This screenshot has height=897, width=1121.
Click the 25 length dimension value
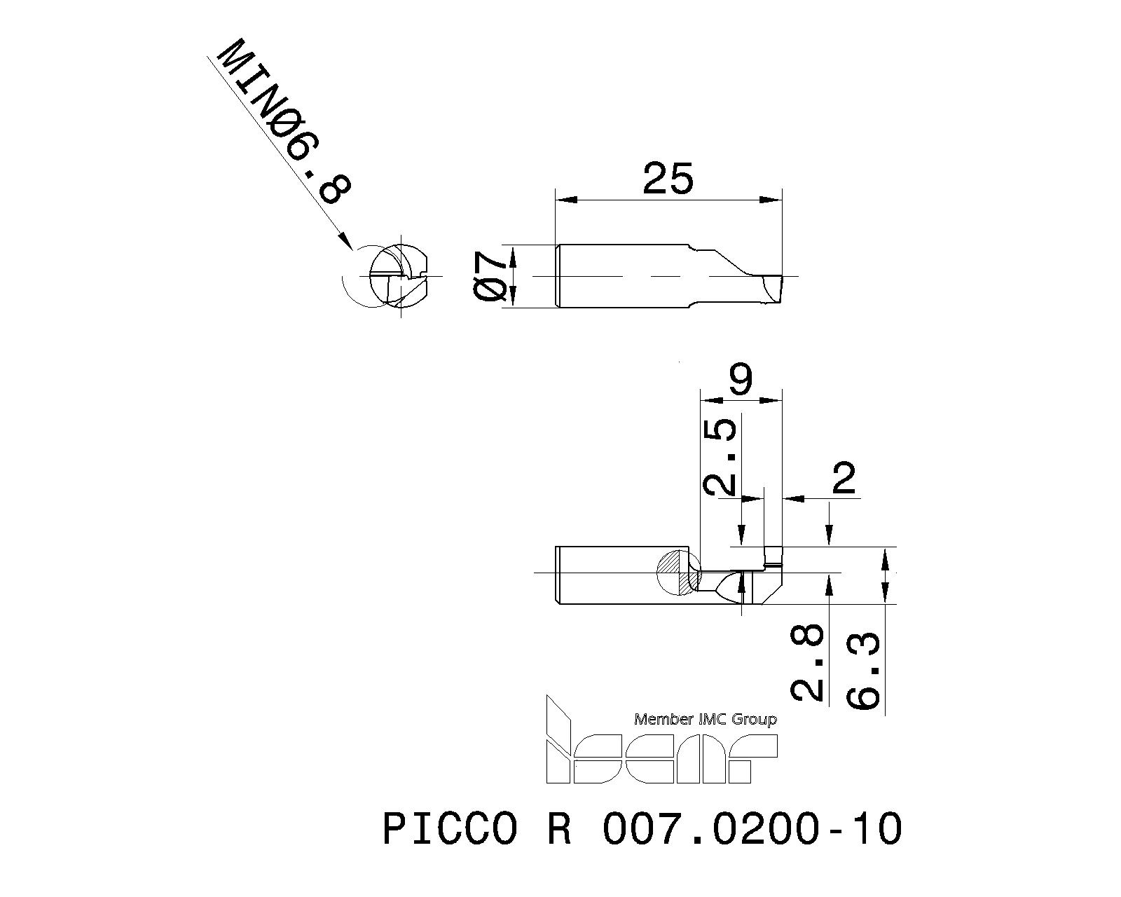(668, 179)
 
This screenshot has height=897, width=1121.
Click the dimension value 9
(741, 380)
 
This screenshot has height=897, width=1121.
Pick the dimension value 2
(844, 479)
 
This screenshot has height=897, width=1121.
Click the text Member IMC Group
(705, 719)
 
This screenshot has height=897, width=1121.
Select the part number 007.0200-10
(752, 829)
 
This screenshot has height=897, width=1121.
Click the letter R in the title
(557, 829)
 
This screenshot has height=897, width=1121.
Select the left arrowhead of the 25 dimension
(563, 200)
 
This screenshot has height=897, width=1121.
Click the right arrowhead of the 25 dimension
(773, 200)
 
